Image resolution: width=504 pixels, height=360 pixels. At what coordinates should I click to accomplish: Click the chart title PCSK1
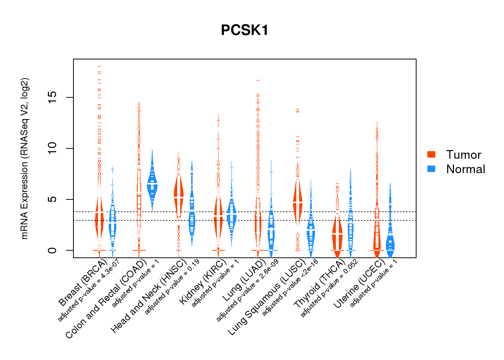pos(245,30)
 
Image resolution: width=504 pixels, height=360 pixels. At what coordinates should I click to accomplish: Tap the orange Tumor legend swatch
pos(431,154)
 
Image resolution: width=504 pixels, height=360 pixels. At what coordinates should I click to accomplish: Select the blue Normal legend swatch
pos(431,169)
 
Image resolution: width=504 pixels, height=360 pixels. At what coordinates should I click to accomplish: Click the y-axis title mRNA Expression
pos(24,158)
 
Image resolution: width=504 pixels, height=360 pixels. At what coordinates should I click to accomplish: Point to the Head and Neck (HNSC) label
pos(148,296)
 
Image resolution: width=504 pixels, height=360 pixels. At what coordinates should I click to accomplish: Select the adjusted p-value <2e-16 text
pos(290,288)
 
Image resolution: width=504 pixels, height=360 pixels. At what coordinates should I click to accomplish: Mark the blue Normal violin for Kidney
pos(231,214)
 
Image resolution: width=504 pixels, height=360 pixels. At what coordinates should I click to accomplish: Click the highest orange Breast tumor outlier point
pos(99,67)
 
